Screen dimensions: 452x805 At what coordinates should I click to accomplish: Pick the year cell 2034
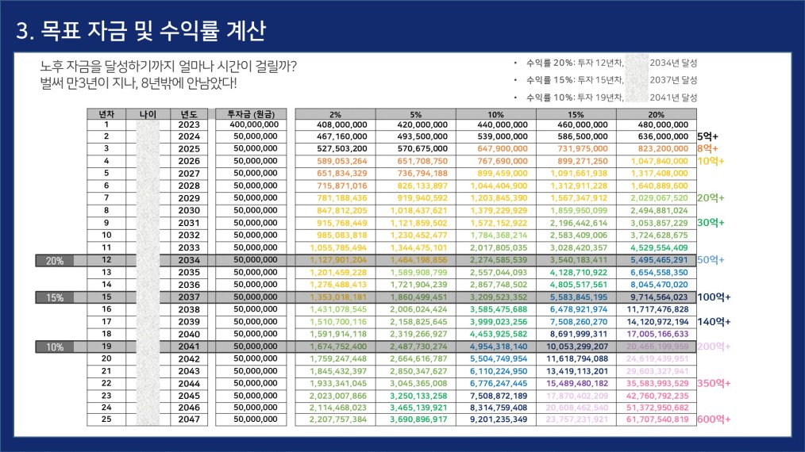click(x=189, y=259)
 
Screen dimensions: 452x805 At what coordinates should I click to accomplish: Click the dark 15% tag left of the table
click(x=56, y=297)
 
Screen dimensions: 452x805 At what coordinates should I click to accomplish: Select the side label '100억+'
click(x=714, y=297)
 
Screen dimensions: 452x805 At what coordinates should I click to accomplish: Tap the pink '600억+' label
click(x=714, y=419)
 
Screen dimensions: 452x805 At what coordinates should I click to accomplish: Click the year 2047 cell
click(x=189, y=419)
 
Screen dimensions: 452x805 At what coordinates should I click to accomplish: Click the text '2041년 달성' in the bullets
click(x=672, y=98)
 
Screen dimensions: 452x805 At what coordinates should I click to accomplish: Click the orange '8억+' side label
click(x=707, y=149)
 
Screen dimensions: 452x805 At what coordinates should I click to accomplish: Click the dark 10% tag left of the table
click(x=56, y=346)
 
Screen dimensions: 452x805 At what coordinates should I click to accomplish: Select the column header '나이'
click(x=148, y=113)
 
